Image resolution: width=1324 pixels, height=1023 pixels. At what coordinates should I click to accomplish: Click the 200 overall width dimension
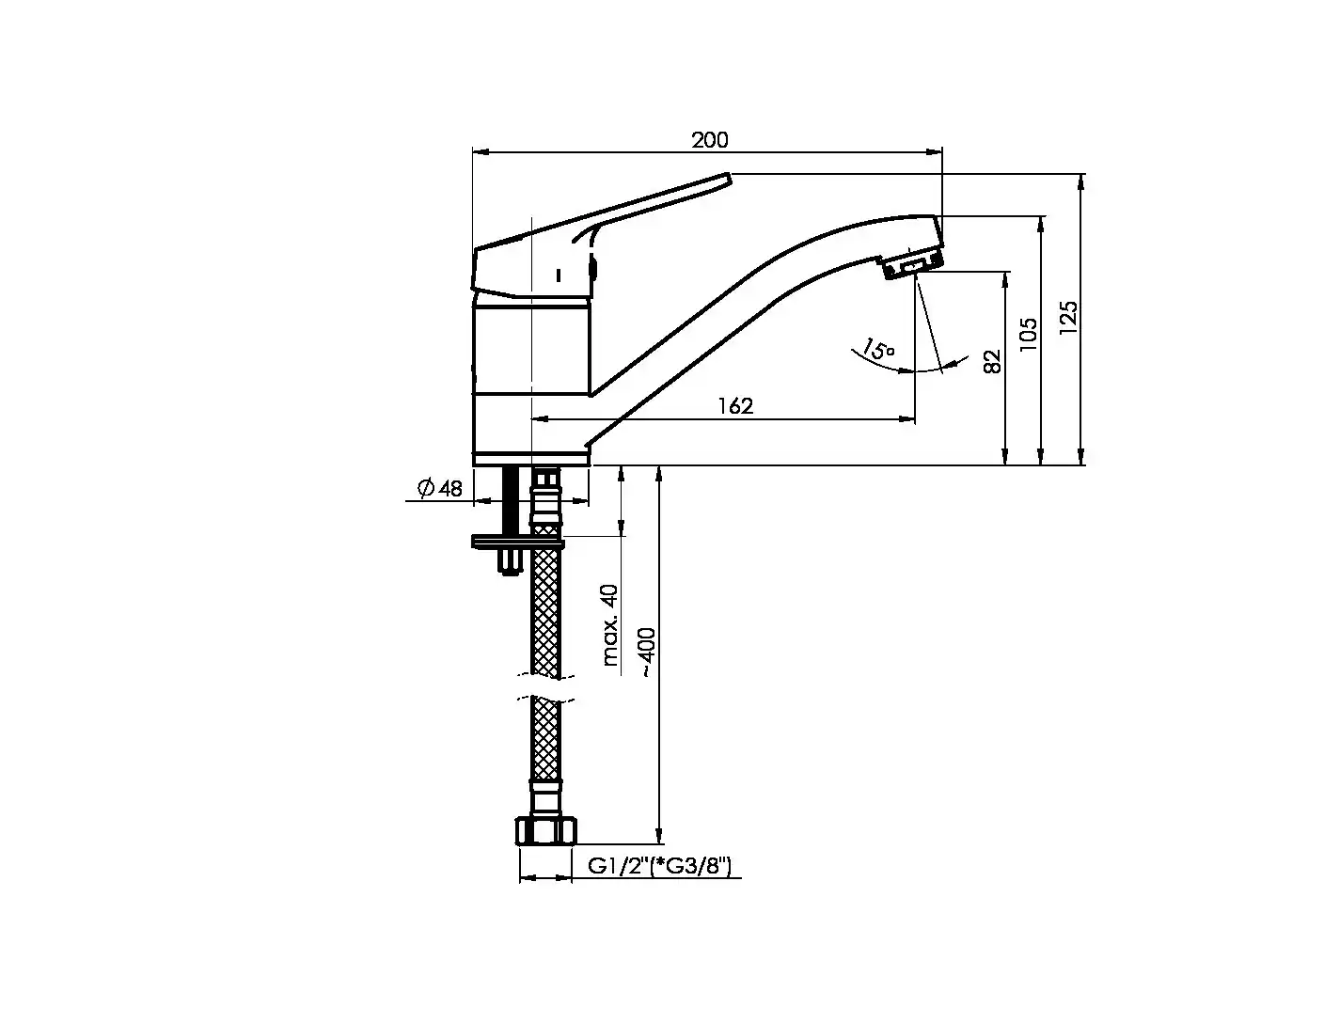pos(709,140)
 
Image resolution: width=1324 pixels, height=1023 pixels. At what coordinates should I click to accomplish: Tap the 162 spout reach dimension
pos(735,406)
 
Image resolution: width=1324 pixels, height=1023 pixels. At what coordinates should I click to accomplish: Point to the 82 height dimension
pos(992,361)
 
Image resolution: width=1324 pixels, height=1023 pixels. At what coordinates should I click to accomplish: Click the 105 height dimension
pos(1028,334)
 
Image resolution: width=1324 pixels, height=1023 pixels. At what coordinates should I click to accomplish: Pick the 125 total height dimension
pos(1068,317)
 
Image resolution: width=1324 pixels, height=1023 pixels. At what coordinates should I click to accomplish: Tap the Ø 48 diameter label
pos(439,488)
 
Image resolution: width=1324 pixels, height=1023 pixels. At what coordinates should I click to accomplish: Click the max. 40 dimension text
pos(610,625)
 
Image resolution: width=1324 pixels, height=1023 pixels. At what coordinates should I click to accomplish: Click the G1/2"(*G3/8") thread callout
pos(658,866)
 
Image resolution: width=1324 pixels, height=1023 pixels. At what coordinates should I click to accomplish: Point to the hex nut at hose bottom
pos(545,830)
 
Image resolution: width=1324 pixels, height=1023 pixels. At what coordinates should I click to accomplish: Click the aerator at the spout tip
pos(912,265)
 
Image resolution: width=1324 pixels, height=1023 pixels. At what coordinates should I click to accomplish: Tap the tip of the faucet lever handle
pos(727,178)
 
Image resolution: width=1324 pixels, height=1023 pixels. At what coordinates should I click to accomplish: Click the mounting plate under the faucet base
pos(518,542)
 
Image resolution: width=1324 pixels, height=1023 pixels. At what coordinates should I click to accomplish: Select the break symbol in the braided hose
pos(545,687)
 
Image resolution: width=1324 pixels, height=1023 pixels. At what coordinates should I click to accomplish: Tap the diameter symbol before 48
pos(426,488)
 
